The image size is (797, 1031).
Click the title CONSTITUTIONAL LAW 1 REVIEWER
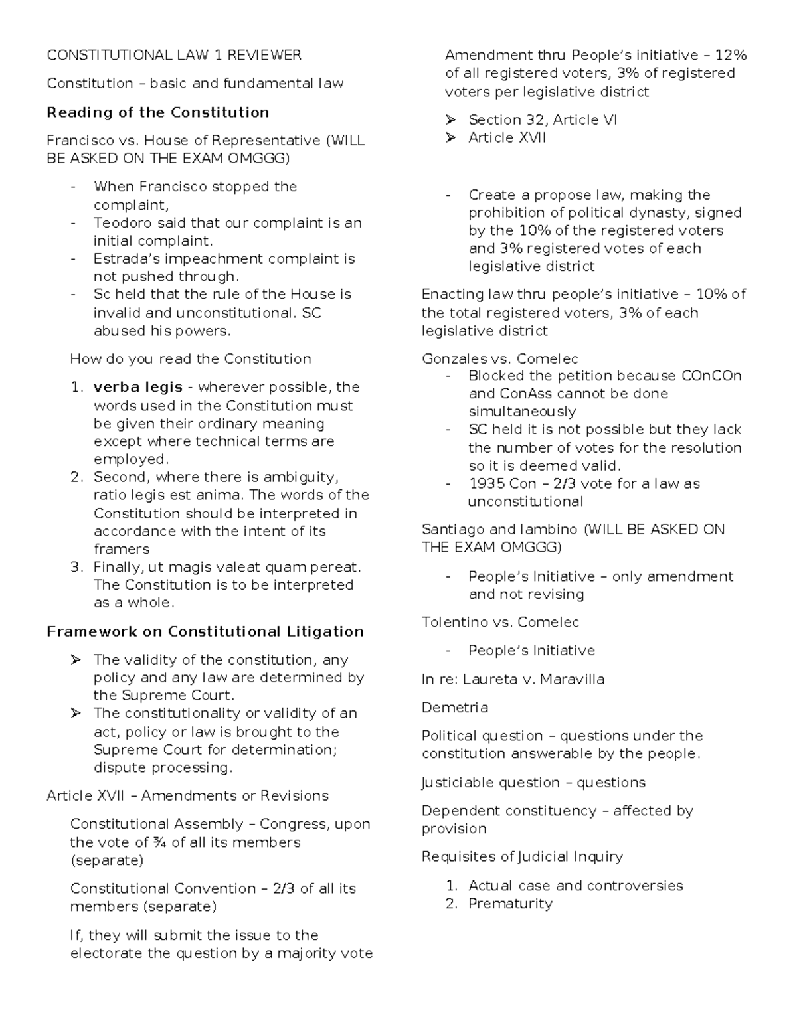coord(174,55)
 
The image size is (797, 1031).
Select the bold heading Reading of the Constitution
coord(157,112)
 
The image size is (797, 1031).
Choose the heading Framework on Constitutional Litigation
coord(205,631)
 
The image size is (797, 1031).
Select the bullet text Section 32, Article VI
coord(543,119)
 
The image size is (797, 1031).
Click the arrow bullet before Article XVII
coord(452,138)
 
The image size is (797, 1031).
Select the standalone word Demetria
coord(454,708)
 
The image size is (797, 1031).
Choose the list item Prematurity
coord(510,904)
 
